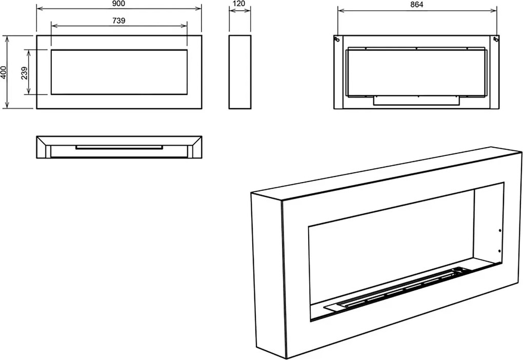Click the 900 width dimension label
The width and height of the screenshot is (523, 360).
coord(119,4)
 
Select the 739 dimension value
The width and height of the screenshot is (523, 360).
coord(119,21)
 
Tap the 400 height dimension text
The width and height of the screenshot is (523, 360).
coord(4,72)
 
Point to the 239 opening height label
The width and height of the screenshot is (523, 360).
coord(24,73)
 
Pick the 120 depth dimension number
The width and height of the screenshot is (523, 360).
coord(239,4)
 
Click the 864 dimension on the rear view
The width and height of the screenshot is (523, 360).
coord(417,4)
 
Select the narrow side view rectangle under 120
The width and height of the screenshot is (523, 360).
coord(240,72)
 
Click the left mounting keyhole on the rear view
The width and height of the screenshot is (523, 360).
coord(337,39)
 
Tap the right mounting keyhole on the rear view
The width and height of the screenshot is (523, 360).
coord(496,39)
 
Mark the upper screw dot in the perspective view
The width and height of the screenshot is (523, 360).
coord(499,231)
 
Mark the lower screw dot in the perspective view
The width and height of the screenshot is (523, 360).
coord(499,251)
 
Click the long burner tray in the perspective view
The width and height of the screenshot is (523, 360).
coord(397,289)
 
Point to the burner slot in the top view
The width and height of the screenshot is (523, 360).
coord(119,147)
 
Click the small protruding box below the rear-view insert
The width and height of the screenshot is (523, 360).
coord(416,101)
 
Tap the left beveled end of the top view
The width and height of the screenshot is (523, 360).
coord(44,147)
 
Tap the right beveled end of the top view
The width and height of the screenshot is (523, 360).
coord(194,147)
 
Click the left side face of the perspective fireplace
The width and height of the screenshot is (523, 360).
coord(269,275)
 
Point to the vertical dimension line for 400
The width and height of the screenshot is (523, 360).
coord(8,72)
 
